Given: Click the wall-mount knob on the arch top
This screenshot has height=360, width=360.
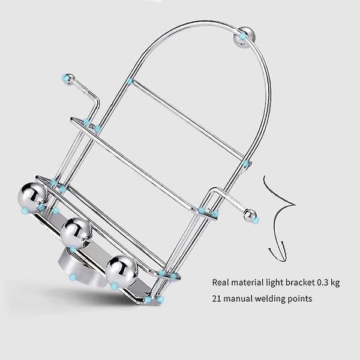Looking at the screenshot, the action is click(244, 37).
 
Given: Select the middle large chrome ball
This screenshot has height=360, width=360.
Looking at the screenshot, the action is click(76, 233).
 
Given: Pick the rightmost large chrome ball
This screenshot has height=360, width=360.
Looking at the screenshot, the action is click(121, 272).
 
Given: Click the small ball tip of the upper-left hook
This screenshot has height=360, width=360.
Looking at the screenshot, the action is click(68, 79).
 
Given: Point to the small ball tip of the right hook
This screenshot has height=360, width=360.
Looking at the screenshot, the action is click(250, 215).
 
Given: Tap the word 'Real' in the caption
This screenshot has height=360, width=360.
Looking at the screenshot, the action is click(221, 282).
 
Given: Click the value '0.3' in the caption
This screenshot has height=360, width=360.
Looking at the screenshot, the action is click(322, 282).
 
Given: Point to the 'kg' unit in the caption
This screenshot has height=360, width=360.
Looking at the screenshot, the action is click(335, 283).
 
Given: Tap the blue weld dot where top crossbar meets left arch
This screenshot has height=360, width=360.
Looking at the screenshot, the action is click(130, 81).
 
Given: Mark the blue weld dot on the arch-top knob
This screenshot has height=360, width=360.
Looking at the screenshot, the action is click(242, 36).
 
